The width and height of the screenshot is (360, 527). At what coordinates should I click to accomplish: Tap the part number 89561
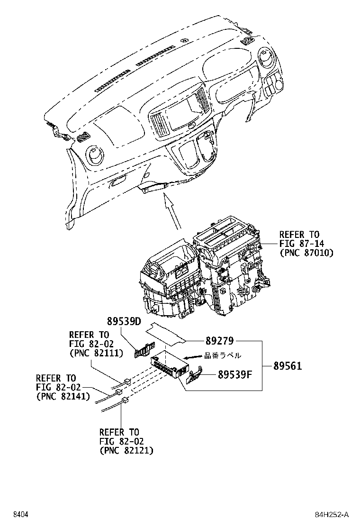click(288, 365)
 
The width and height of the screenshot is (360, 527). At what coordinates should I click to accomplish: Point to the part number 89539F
click(234, 375)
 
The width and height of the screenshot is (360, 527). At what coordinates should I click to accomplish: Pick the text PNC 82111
click(96, 353)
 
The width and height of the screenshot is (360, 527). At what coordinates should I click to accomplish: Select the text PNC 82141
click(63, 397)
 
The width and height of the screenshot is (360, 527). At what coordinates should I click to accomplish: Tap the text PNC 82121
click(126, 451)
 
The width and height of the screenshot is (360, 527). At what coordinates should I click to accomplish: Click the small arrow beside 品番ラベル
click(192, 357)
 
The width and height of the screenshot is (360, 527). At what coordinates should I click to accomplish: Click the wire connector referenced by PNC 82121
click(125, 401)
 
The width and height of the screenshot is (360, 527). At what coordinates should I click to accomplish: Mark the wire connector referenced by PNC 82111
click(127, 381)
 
